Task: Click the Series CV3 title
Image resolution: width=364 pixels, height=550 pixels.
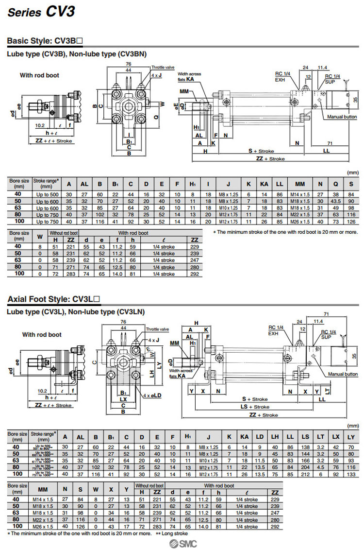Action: (x=41, y=12)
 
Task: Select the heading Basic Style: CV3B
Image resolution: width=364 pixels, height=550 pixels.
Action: (x=53, y=41)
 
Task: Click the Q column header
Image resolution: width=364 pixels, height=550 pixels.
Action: (x=335, y=184)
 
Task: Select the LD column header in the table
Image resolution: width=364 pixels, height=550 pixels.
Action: (x=260, y=436)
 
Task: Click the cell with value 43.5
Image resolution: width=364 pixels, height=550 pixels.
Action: (x=335, y=201)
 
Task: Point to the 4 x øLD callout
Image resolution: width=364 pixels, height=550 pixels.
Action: (x=152, y=395)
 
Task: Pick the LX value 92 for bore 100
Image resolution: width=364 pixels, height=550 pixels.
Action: (x=336, y=473)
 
